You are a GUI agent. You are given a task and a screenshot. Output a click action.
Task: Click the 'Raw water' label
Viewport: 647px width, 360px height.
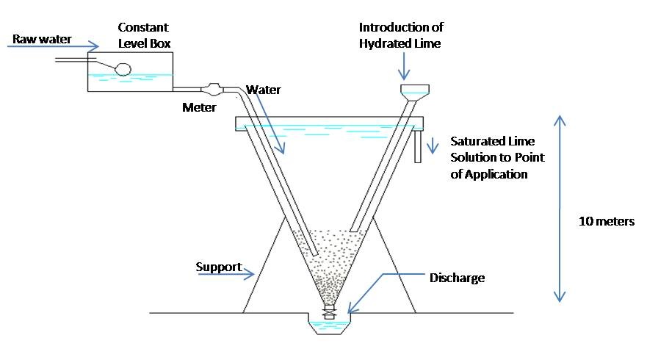(x=42, y=39)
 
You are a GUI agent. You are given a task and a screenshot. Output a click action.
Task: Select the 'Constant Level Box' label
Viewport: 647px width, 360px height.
(x=144, y=35)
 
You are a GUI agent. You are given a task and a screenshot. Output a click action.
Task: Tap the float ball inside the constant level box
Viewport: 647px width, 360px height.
(x=123, y=69)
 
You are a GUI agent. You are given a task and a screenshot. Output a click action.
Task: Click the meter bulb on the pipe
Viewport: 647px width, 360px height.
(x=212, y=88)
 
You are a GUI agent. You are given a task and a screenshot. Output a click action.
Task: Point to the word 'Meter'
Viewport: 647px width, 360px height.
(x=199, y=108)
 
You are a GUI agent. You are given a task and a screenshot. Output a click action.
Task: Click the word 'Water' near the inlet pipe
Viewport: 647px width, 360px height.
(x=264, y=90)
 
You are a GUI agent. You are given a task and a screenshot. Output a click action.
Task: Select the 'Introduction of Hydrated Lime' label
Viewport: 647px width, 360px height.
(x=401, y=35)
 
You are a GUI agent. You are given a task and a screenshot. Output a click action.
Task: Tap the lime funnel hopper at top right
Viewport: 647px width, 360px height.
(x=415, y=93)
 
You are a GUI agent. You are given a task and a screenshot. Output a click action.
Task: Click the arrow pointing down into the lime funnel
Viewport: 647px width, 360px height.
(x=404, y=66)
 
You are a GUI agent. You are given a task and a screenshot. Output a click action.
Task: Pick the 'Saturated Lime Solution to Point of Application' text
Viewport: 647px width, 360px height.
(x=498, y=158)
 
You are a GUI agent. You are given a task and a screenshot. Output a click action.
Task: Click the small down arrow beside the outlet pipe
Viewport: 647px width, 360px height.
(x=433, y=145)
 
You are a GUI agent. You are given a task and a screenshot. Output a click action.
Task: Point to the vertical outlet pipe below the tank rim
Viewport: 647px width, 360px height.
(x=418, y=146)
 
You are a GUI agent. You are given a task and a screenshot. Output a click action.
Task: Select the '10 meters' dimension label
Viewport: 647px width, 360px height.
(x=607, y=221)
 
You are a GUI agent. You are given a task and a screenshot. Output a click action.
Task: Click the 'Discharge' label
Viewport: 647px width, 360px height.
(x=458, y=278)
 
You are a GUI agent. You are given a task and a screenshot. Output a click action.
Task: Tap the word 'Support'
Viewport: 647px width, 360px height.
(x=219, y=267)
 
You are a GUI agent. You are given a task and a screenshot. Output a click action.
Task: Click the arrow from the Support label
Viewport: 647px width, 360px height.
(x=226, y=274)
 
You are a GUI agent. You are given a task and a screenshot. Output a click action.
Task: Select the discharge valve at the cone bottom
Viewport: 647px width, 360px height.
(x=329, y=312)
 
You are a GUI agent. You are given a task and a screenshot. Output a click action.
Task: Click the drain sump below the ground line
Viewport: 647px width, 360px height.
(x=329, y=324)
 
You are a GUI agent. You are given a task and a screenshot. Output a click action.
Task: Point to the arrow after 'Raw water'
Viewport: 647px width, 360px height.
(x=53, y=46)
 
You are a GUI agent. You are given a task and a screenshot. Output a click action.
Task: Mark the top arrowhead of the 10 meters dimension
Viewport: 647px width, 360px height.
(x=560, y=120)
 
